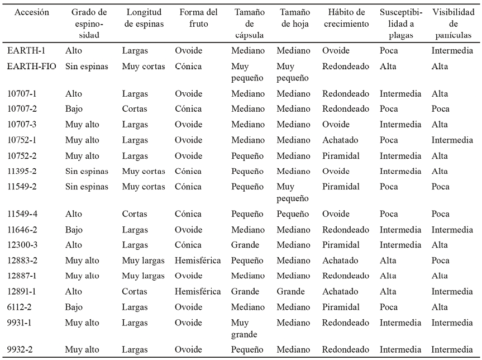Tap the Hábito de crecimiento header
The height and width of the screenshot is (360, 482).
(345, 18)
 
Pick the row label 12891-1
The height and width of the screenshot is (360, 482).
(22, 291)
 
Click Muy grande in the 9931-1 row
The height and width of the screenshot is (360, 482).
(244, 329)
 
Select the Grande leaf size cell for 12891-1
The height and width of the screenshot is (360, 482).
(290, 291)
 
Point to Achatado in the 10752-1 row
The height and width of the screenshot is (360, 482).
(340, 140)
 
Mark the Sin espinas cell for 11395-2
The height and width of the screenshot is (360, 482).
(87, 172)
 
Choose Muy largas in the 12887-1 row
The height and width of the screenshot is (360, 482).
(144, 276)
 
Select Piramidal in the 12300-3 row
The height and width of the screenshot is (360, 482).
(341, 245)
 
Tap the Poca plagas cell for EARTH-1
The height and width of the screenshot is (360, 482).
(389, 51)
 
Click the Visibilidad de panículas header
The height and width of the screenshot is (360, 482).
(453, 23)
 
